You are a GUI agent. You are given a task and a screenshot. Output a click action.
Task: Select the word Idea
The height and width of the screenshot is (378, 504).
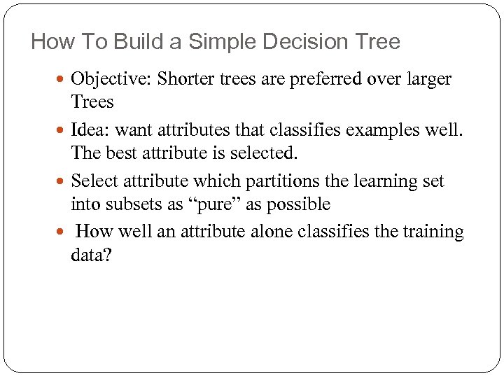tap(90, 130)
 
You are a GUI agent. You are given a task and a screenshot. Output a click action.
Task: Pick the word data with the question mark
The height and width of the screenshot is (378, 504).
tap(91, 255)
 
